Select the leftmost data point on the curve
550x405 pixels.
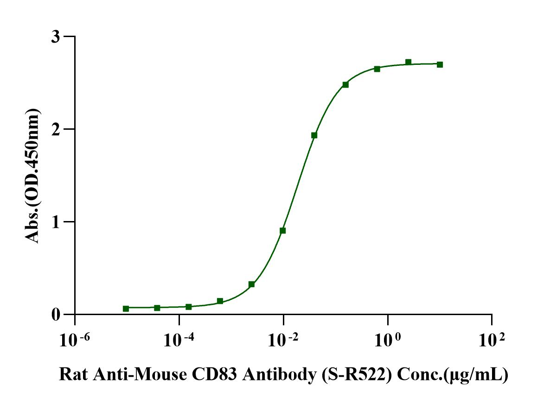(126, 309)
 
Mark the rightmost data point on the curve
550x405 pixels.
(440, 64)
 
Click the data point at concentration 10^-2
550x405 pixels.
(283, 230)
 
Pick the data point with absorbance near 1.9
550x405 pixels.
(314, 135)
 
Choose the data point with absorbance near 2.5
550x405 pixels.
(345, 84)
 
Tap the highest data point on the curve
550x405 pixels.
(408, 62)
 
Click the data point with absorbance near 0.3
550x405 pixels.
(251, 284)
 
